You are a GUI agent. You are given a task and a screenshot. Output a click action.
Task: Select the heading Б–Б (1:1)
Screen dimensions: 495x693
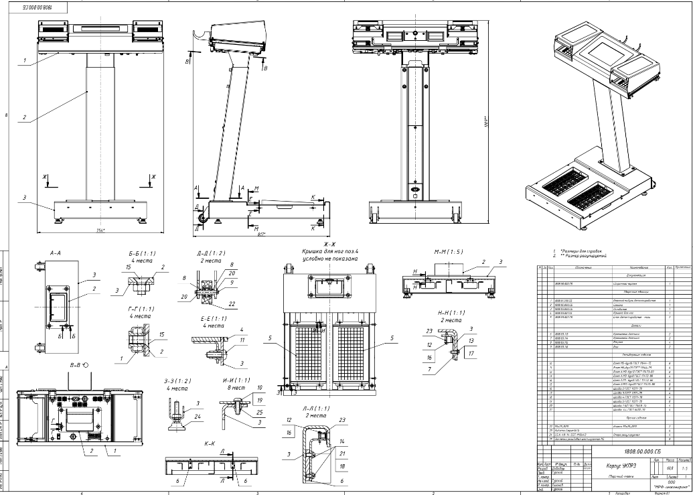pos(142,255)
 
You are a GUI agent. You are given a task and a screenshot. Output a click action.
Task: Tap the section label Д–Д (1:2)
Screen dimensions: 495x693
pos(210,254)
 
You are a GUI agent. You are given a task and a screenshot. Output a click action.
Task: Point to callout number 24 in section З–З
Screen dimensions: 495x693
pos(198,416)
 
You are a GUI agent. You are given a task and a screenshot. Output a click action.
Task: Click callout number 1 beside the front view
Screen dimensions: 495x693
pos(23,61)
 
